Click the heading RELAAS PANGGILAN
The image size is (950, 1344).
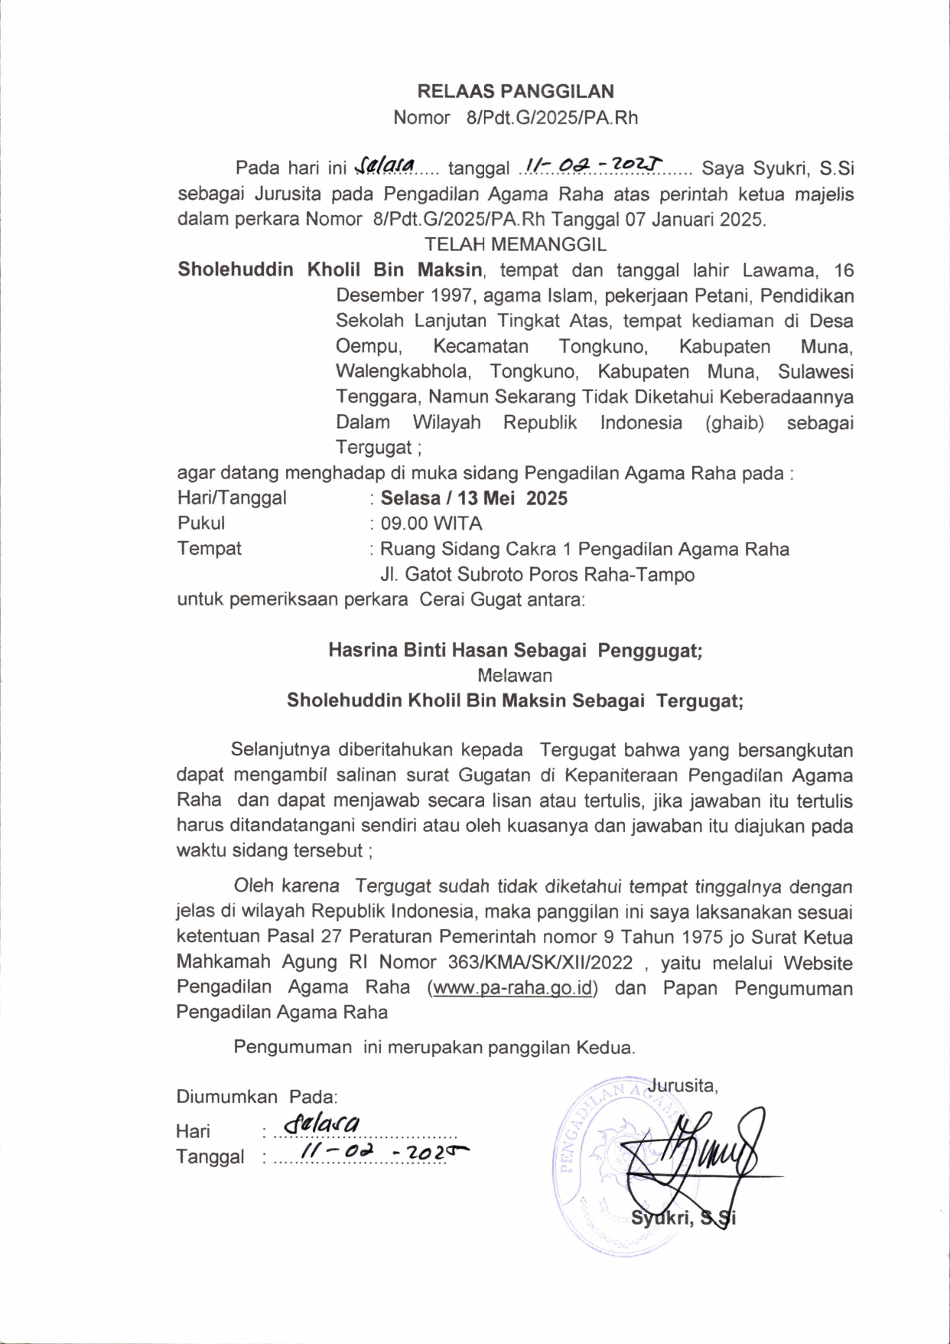(x=515, y=92)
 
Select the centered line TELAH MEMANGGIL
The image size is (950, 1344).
(x=515, y=245)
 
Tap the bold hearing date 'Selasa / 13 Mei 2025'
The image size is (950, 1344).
(x=474, y=498)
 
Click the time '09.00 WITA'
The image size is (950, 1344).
(x=431, y=524)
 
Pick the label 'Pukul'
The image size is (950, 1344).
(x=201, y=524)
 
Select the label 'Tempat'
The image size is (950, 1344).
(x=209, y=549)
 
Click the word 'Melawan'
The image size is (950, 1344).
(x=515, y=676)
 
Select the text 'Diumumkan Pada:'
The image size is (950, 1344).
(x=257, y=1097)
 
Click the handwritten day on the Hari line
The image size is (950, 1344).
(x=320, y=1124)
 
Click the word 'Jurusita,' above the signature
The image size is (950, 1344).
(x=682, y=1085)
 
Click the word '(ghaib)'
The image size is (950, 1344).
(x=735, y=422)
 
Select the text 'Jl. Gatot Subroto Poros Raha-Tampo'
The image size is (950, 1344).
(x=537, y=574)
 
